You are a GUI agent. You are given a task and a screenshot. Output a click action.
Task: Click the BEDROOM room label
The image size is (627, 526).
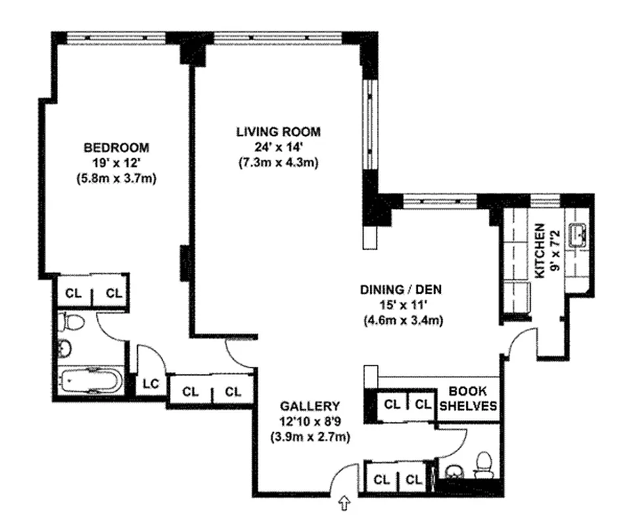pyautogui.click(x=116, y=147)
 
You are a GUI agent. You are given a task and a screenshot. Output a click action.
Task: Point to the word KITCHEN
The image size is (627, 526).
pyautogui.click(x=540, y=251)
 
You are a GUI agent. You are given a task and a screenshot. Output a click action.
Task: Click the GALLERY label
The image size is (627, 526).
pyautogui.click(x=310, y=406)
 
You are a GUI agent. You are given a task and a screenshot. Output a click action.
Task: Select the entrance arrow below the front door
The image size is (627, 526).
pyautogui.click(x=344, y=504)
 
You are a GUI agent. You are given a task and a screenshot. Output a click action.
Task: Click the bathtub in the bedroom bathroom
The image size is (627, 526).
pyautogui.click(x=90, y=381)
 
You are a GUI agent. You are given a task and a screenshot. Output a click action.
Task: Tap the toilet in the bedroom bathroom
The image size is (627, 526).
pyautogui.click(x=72, y=322)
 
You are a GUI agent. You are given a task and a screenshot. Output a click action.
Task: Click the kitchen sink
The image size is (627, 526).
pyautogui.click(x=579, y=233)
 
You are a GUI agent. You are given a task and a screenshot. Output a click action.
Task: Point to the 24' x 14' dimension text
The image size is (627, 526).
pyautogui.click(x=277, y=147)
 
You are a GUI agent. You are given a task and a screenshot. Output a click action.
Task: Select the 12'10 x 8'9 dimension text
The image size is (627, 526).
pyautogui.click(x=310, y=421)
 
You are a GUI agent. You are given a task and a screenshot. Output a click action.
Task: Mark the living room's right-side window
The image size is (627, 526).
pyautogui.click(x=371, y=125)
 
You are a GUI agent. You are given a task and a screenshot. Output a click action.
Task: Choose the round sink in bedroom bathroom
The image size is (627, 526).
pyautogui.click(x=64, y=348)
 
